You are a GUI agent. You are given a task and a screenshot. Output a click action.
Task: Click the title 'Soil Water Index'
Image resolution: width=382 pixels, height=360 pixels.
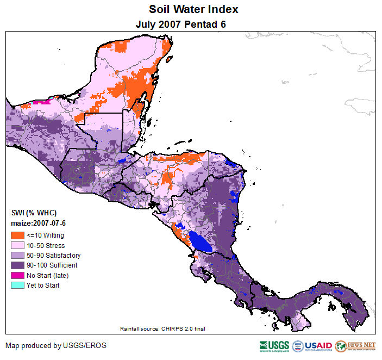coord(193,9)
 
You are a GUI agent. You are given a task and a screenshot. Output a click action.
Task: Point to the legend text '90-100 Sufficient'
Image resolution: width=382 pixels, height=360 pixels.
coord(52,265)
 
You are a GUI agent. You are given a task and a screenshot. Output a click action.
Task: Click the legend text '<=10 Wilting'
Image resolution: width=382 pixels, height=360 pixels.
coord(45,235)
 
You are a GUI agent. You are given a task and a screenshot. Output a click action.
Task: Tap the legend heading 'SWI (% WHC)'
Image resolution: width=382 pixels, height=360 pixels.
coord(34,213)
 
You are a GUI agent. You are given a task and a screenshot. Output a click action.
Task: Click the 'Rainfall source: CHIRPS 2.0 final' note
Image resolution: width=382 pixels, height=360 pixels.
coord(162,328)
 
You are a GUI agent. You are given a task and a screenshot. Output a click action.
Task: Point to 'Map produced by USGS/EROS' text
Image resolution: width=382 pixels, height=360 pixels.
coord(56,345)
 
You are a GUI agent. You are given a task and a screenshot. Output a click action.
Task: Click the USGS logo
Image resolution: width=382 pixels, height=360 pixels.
coord(274,346)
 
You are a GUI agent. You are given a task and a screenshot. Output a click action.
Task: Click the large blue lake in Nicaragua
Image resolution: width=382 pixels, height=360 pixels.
coord(200,241)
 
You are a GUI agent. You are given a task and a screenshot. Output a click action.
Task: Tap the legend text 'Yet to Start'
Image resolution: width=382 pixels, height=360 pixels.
coord(43,285)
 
